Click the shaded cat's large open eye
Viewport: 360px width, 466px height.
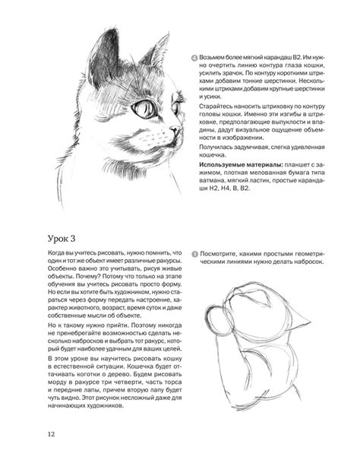[x=143, y=109]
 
